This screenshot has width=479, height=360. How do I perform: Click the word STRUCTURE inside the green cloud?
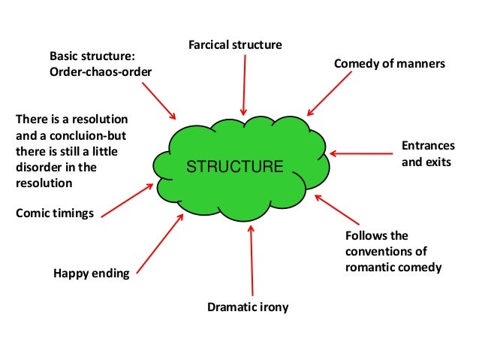[235, 166]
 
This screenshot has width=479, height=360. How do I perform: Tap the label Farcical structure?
[234, 45]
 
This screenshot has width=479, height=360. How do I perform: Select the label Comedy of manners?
[389, 64]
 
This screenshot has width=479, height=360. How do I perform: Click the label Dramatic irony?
[247, 307]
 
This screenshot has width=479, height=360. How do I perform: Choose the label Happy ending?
[91, 273]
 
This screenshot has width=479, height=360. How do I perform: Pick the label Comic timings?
[55, 213]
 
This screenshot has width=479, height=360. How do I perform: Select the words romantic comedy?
[393, 267]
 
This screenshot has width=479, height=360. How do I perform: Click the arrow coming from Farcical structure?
[243, 84]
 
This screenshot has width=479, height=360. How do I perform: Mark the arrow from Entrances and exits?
[359, 154]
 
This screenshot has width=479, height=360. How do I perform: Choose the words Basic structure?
[92, 56]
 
